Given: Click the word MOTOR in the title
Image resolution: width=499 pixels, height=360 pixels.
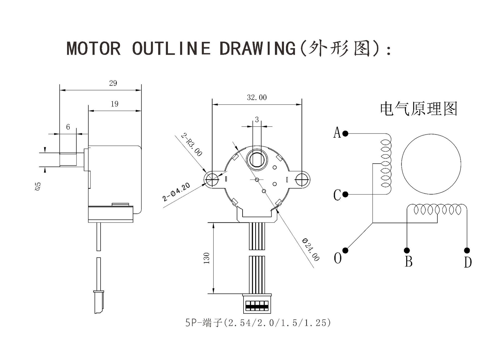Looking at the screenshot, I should pyautogui.click(x=94, y=48).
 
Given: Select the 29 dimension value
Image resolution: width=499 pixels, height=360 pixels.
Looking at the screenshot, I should pyautogui.click(x=113, y=83).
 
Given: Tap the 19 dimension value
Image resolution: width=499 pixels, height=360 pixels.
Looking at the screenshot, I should pyautogui.click(x=115, y=104).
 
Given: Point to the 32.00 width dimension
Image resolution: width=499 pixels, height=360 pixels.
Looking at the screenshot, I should pyautogui.click(x=257, y=97).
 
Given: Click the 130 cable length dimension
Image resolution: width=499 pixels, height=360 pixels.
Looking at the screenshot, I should pyautogui.click(x=207, y=258).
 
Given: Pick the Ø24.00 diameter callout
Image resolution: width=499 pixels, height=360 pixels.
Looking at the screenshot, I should pyautogui.click(x=311, y=250).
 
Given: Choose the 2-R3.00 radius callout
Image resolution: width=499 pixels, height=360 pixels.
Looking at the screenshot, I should pyautogui.click(x=191, y=144).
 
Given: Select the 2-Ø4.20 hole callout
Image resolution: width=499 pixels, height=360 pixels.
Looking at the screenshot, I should pyautogui.click(x=176, y=192).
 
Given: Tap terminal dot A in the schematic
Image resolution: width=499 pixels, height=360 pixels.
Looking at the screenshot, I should pyautogui.click(x=345, y=134).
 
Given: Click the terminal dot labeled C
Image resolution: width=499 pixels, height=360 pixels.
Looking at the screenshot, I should pyautogui.click(x=345, y=194).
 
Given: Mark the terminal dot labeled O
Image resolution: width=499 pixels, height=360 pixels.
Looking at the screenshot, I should pyautogui.click(x=345, y=250).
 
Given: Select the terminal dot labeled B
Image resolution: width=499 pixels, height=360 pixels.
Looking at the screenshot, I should pyautogui.click(x=407, y=250).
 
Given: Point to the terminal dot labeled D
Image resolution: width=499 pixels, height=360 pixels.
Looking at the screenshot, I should pyautogui.click(x=467, y=250).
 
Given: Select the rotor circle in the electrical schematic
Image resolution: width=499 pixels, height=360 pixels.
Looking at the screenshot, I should pyautogui.click(x=431, y=164).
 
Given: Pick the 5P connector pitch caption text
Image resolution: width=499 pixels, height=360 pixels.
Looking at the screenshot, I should pyautogui.click(x=258, y=323).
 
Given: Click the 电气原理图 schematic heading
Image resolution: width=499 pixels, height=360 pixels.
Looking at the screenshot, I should pyautogui.click(x=418, y=109).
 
